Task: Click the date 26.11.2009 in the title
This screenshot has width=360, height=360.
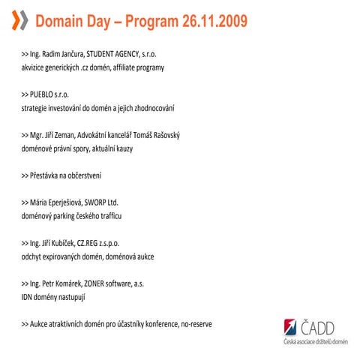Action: click(214, 21)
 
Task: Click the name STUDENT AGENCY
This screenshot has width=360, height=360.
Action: click(112, 55)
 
